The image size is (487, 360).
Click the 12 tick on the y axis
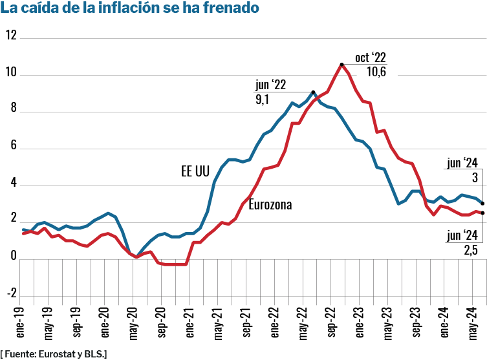10,35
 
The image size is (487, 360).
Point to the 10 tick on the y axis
10,72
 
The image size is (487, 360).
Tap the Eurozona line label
270,205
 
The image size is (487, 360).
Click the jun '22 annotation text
270,85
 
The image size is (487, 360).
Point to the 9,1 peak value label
263,100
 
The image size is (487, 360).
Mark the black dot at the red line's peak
341,64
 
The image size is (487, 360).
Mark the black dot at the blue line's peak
314,92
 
